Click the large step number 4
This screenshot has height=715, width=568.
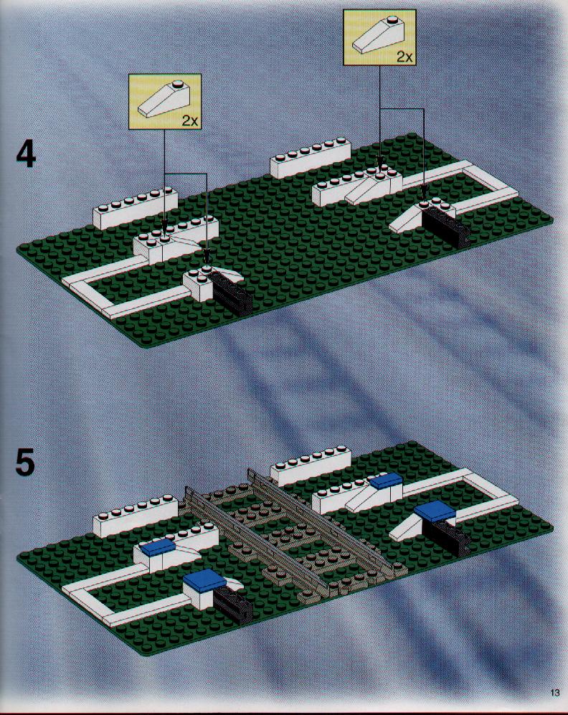(x=26, y=155)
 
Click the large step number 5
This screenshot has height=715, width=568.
(x=25, y=463)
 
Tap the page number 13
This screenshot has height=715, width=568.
(x=554, y=692)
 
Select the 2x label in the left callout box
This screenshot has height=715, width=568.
(x=190, y=120)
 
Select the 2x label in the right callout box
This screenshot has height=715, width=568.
(x=404, y=57)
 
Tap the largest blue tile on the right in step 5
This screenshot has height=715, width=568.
(x=435, y=511)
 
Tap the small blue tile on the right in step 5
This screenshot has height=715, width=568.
(x=385, y=480)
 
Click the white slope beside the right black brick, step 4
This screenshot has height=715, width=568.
(x=407, y=219)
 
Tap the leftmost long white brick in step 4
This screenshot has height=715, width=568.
(x=135, y=208)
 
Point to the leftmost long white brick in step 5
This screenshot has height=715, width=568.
(x=135, y=516)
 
